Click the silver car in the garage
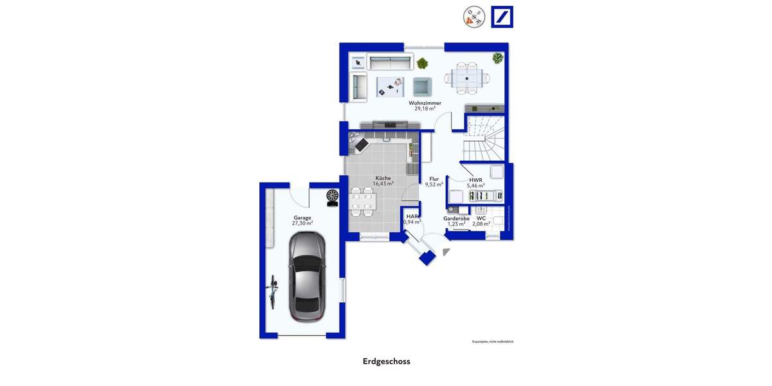point(307,277)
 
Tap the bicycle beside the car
point(273,290)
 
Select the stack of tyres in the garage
point(333,196)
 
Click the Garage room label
point(302,218)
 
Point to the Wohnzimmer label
point(425,103)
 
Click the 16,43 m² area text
point(383,184)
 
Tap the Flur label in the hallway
point(434,179)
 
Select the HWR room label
point(475,180)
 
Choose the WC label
point(481,218)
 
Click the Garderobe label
point(456,218)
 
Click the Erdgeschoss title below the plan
point(386,362)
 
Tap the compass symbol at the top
point(474,17)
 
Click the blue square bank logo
point(502,17)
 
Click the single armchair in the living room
point(422,86)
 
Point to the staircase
point(484,140)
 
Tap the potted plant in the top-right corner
point(497,59)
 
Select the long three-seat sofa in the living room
point(390,62)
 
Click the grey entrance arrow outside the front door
point(447,253)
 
